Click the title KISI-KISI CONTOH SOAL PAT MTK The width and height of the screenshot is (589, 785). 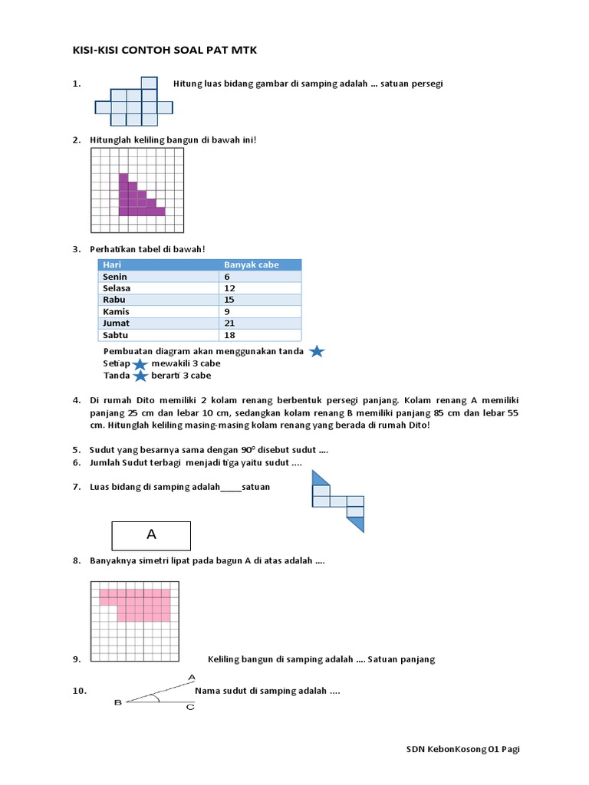coord(165,51)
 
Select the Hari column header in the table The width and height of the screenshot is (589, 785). coord(112,264)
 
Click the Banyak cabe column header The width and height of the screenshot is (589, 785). coord(251,264)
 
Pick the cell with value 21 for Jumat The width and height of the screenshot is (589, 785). coord(229,324)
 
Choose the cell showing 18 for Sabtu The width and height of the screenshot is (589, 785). coord(229,335)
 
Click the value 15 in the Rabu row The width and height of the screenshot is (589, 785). coord(229,300)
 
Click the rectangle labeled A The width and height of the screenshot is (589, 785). coord(151,535)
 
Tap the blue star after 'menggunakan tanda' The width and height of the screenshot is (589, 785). coord(317,352)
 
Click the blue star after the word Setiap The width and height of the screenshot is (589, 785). coord(140,364)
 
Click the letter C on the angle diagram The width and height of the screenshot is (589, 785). coord(190,707)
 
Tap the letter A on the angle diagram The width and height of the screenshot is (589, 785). coord(191,677)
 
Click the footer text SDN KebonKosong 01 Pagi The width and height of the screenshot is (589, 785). coord(462,749)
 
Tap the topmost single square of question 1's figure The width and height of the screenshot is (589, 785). coord(150,84)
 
